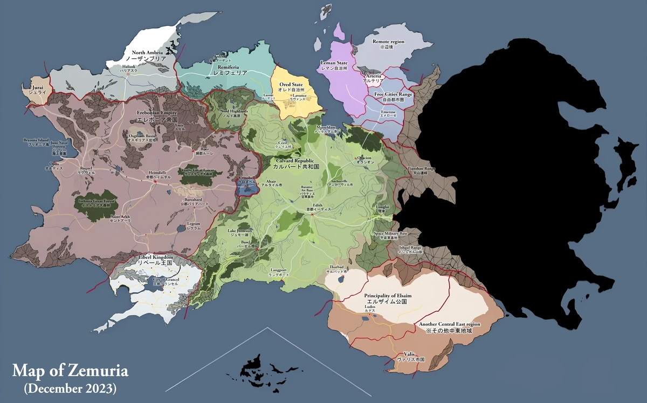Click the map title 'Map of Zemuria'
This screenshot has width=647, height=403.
pos(70,371)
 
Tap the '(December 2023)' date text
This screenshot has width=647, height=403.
pos(70,387)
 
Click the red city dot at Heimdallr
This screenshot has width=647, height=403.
pos(155,181)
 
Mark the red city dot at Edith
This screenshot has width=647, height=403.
pos(312,214)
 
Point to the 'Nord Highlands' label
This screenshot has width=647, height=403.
pos(234,111)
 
